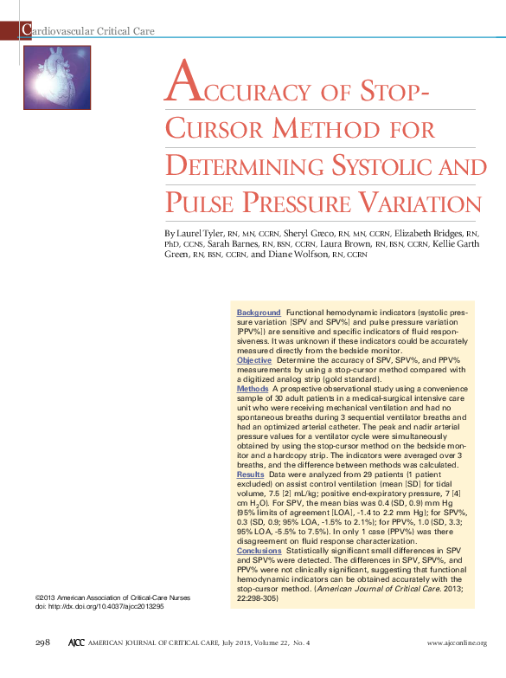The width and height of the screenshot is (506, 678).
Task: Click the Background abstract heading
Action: [x=259, y=312]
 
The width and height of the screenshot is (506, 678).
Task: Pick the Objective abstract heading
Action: [x=254, y=359]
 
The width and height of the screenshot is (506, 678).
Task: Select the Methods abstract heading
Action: [x=253, y=390]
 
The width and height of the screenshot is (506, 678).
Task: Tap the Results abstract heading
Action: [x=251, y=475]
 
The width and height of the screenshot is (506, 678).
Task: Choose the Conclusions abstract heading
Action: [x=259, y=551]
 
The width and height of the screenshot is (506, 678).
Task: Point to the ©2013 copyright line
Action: [x=112, y=597]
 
